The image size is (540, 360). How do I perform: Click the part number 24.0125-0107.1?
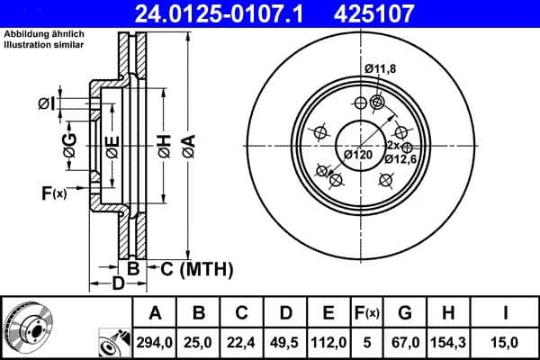click(232, 13)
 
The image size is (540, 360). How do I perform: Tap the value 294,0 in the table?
click(155, 341)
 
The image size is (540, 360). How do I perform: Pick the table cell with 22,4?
click(241, 341)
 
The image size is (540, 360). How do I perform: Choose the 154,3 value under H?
click(446, 341)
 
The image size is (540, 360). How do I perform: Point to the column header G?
click(405, 313)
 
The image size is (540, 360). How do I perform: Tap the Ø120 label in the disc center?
click(358, 155)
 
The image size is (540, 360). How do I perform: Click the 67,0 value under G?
click(405, 341)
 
